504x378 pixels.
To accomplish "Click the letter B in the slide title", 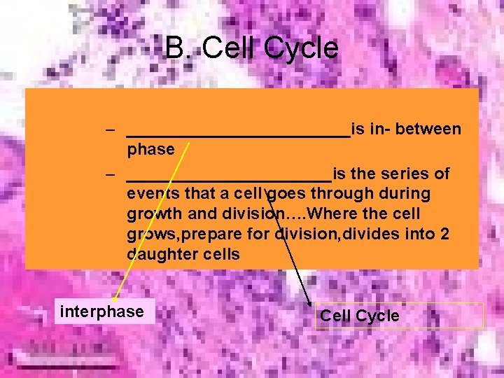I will [x=175, y=48].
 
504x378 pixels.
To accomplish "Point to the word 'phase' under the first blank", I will [x=150, y=149].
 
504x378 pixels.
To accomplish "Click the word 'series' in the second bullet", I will [x=405, y=173].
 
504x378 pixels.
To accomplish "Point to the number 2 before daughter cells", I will [x=444, y=234].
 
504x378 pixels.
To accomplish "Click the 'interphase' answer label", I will [x=102, y=311].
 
